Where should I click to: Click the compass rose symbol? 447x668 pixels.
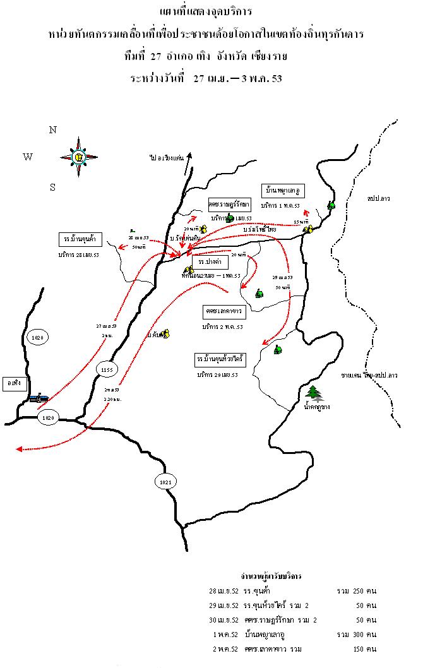pyautogui.click(x=79, y=156)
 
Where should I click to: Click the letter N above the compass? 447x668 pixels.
pyautogui.click(x=53, y=130)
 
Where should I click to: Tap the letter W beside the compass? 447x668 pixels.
pyautogui.click(x=28, y=157)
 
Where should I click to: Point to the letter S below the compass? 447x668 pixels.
pyautogui.click(x=53, y=187)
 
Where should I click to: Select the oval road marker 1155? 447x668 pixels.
pyautogui.click(x=105, y=369)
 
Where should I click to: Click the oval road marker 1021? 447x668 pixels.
pyautogui.click(x=165, y=482)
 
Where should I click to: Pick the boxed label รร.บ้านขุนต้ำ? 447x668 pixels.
pyautogui.click(x=80, y=239)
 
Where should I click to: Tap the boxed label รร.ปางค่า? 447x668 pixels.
pyautogui.click(x=209, y=260)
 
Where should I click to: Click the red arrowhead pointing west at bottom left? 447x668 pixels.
pyautogui.click(x=19, y=449)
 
